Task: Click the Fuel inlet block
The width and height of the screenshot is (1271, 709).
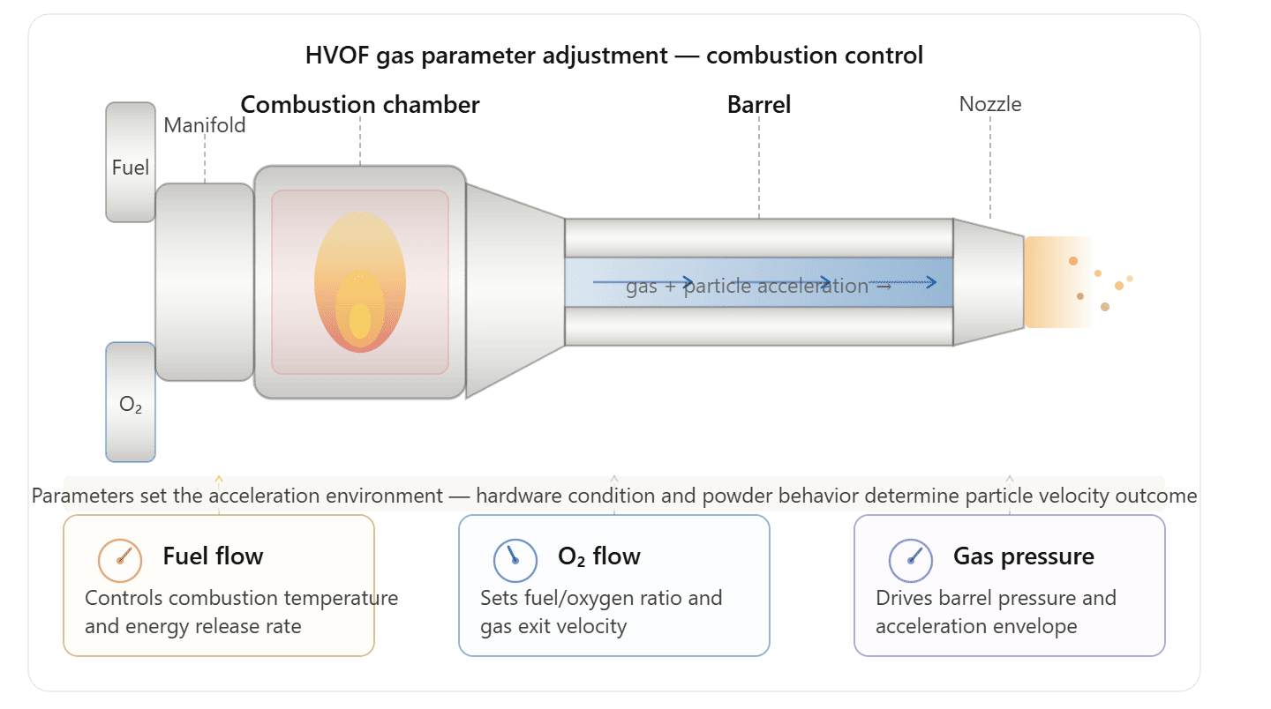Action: click(131, 163)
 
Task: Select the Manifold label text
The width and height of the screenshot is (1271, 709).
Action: click(205, 125)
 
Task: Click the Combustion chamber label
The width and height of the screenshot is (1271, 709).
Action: click(360, 105)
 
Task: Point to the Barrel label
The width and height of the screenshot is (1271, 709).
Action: click(758, 105)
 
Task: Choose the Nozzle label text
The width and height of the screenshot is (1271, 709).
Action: click(989, 105)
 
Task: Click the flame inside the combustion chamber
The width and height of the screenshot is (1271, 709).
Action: click(359, 282)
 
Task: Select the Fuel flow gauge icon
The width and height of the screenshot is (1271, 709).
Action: click(120, 557)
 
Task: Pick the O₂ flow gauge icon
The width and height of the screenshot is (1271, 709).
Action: click(515, 557)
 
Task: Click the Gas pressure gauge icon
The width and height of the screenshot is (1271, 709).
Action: click(911, 557)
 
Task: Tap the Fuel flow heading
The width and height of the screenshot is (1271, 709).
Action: click(213, 556)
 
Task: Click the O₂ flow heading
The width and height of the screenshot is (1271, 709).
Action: click(599, 556)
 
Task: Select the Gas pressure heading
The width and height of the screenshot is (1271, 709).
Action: click(1023, 556)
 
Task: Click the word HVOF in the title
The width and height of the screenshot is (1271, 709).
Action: click(335, 56)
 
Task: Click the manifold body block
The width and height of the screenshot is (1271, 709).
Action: click(205, 282)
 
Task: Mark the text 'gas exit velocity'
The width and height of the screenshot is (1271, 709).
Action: click(553, 627)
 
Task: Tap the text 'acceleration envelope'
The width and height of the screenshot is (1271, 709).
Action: click(976, 627)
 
